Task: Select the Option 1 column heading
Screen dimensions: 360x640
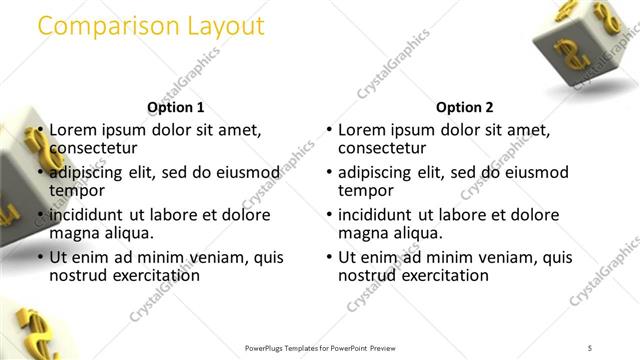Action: pyautogui.click(x=176, y=107)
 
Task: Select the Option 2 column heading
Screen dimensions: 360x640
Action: pyautogui.click(x=465, y=107)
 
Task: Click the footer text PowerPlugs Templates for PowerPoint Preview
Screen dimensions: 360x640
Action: pyautogui.click(x=320, y=347)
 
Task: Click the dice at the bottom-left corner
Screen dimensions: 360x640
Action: pyautogui.click(x=28, y=335)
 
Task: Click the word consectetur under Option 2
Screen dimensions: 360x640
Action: pyautogui.click(x=383, y=147)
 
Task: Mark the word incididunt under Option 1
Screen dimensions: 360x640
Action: pyautogui.click(x=88, y=215)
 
